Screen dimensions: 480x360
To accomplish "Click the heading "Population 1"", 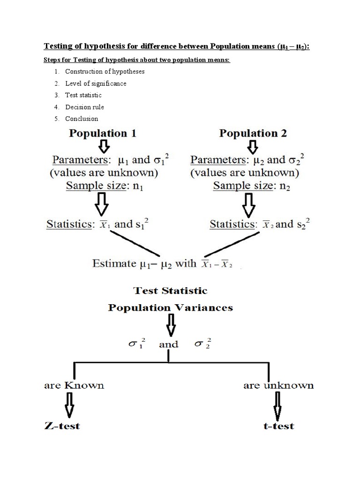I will [103, 133].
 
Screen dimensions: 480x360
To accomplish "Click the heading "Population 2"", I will [253, 133].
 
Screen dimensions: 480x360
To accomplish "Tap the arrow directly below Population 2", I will [253, 148].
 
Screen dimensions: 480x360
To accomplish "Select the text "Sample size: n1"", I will [103, 186].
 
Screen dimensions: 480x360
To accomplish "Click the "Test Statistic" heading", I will [171, 291].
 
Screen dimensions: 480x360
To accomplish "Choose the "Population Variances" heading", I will [171, 307].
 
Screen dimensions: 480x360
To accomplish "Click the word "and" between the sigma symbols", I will [169, 345].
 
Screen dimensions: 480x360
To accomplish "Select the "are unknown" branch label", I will [278, 386].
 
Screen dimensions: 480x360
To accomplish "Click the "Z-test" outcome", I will [62, 426].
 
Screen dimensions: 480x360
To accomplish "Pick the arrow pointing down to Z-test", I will [70, 405].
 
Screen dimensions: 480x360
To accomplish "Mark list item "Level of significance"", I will [96, 83].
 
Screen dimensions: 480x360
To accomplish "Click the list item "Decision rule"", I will [84, 107].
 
